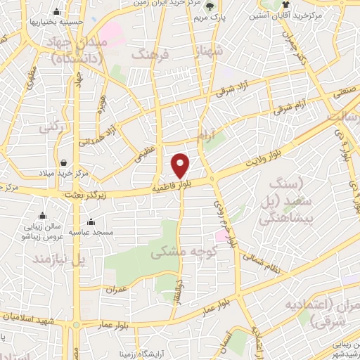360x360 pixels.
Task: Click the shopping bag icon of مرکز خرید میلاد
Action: tap(64, 162)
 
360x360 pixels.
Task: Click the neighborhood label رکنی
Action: tap(30, 129)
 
